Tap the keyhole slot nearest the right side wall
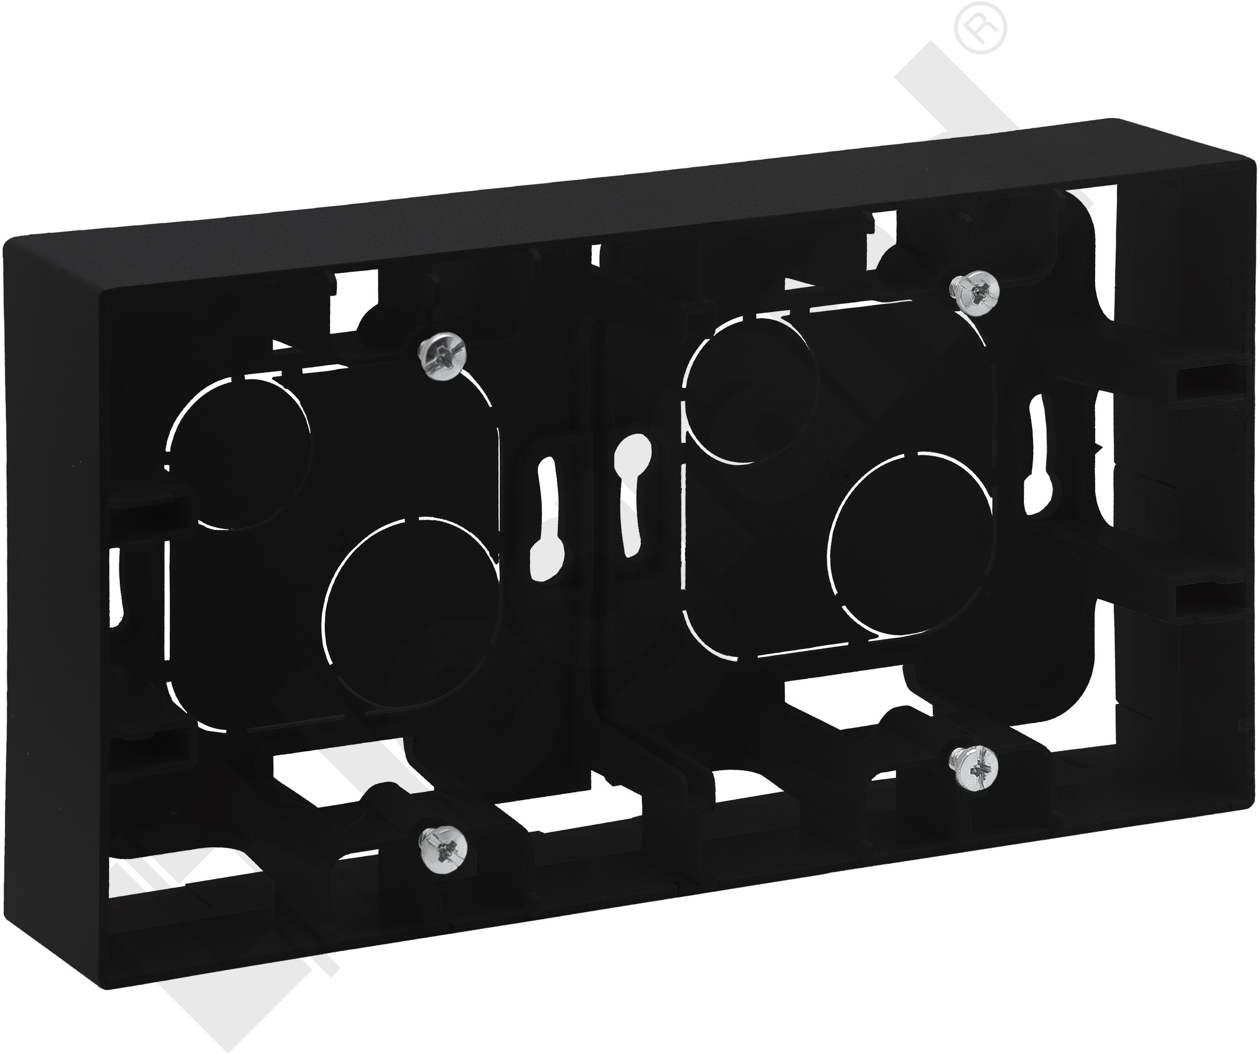(1038, 456)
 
